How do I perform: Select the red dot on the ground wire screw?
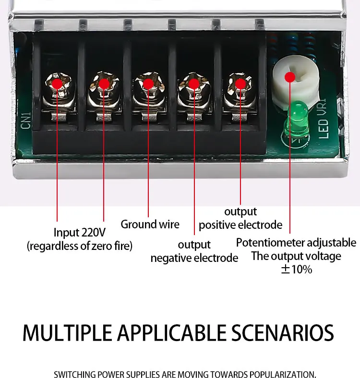point(148,84)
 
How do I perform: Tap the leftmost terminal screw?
point(57,84)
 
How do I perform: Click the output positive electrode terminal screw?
point(240,84)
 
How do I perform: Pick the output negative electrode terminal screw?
point(194,84)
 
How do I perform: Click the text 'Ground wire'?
point(150,224)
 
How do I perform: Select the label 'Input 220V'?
point(79,233)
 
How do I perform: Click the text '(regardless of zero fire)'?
point(79,246)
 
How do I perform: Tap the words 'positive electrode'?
point(240,224)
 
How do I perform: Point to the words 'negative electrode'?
point(194,258)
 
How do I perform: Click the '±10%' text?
point(296,269)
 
